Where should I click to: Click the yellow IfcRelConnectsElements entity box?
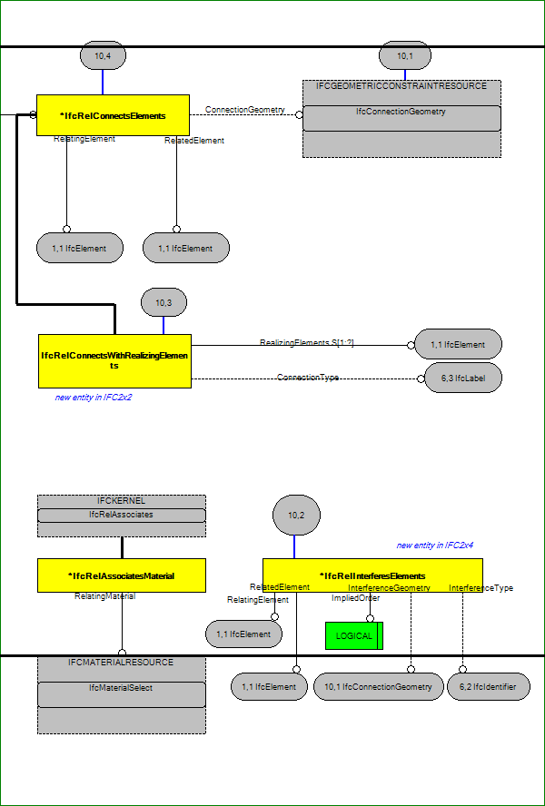pyautogui.click(x=113, y=115)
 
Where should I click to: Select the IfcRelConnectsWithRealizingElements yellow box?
pyautogui.click(x=114, y=361)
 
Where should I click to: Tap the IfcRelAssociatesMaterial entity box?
pyautogui.click(x=122, y=575)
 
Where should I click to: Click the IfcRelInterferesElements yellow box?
pyautogui.click(x=372, y=575)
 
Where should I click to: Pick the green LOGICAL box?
pyautogui.click(x=354, y=636)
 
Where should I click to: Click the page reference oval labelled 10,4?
pyautogui.click(x=104, y=55)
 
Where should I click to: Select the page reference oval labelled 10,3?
pyautogui.click(x=163, y=302)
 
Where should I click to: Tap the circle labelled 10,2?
pyautogui.click(x=296, y=515)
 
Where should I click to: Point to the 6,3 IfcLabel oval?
pyautogui.click(x=463, y=378)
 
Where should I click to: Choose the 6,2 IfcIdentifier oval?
pyautogui.click(x=489, y=686)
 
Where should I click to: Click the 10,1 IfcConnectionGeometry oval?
pyautogui.click(x=378, y=686)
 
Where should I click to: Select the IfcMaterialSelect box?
pyautogui.click(x=122, y=694)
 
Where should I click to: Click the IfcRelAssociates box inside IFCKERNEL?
pyautogui.click(x=122, y=515)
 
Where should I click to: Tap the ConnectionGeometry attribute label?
pyautogui.click(x=245, y=110)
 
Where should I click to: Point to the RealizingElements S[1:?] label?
pyautogui.click(x=307, y=343)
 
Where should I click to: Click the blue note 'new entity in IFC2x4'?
pyautogui.click(x=434, y=546)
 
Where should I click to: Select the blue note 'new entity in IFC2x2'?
pyautogui.click(x=94, y=398)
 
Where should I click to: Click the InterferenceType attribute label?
pyautogui.click(x=481, y=588)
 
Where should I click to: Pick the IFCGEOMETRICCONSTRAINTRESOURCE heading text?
pyautogui.click(x=401, y=86)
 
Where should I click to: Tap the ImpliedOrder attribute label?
pyautogui.click(x=356, y=598)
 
